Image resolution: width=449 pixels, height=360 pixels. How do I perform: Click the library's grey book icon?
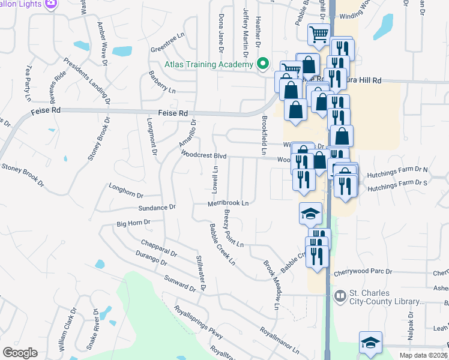tap(340, 296)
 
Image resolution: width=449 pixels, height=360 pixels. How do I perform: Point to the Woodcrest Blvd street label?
tap(203, 155)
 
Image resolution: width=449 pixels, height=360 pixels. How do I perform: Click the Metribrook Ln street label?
tap(228, 203)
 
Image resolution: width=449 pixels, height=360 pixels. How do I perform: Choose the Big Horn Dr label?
tap(133, 223)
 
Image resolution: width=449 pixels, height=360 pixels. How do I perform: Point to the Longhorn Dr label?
tap(126, 190)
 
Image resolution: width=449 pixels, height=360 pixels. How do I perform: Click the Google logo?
tap(20, 352)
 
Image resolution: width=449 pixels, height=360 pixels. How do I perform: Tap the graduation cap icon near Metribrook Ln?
tap(310, 213)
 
